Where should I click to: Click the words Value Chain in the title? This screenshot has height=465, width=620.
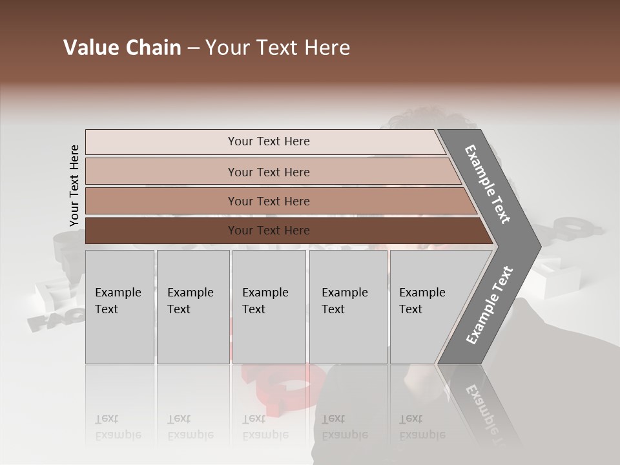[x=122, y=48]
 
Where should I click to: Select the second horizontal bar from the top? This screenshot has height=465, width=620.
[x=268, y=172]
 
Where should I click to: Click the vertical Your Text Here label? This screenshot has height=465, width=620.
[x=74, y=185]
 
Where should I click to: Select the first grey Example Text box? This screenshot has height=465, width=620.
[x=119, y=307]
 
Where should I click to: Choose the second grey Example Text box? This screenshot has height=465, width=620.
[x=192, y=307]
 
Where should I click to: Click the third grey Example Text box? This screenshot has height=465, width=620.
[x=269, y=307]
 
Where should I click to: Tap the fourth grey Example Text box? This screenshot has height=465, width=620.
[x=347, y=307]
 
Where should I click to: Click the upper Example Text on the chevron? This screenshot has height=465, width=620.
[x=488, y=185]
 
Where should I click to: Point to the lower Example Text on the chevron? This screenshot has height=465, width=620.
[x=490, y=305]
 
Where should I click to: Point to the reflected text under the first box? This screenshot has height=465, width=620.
[x=118, y=427]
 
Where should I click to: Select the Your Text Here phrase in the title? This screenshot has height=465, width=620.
[x=278, y=48]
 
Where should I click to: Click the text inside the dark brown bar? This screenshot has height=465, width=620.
[x=269, y=231]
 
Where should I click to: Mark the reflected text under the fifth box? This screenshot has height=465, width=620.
[x=422, y=427]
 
